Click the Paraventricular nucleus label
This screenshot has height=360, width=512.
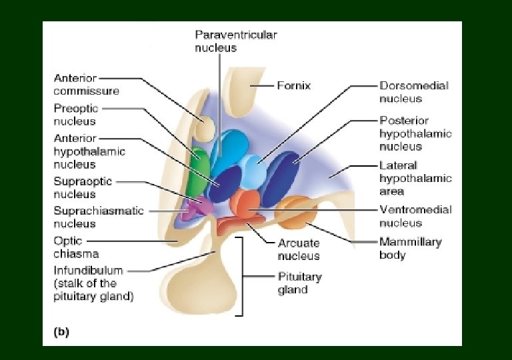click(235, 41)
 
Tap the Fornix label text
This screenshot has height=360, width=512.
click(294, 85)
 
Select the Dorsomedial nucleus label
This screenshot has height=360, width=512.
click(413, 92)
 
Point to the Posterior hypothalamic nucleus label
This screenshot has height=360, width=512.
click(415, 133)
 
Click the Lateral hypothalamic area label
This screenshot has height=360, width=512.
click(415, 178)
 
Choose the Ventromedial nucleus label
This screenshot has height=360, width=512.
click(415, 216)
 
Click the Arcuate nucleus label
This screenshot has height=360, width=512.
click(299, 249)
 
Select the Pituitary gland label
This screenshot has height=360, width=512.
click(299, 283)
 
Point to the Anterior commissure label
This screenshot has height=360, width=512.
click(86, 85)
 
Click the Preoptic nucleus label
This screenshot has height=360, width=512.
click(75, 115)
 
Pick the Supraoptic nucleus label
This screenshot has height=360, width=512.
click(83, 187)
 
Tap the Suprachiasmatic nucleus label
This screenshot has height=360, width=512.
click(98, 217)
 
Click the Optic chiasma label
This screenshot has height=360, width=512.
click(76, 247)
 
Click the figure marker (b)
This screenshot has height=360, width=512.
click(61, 330)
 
